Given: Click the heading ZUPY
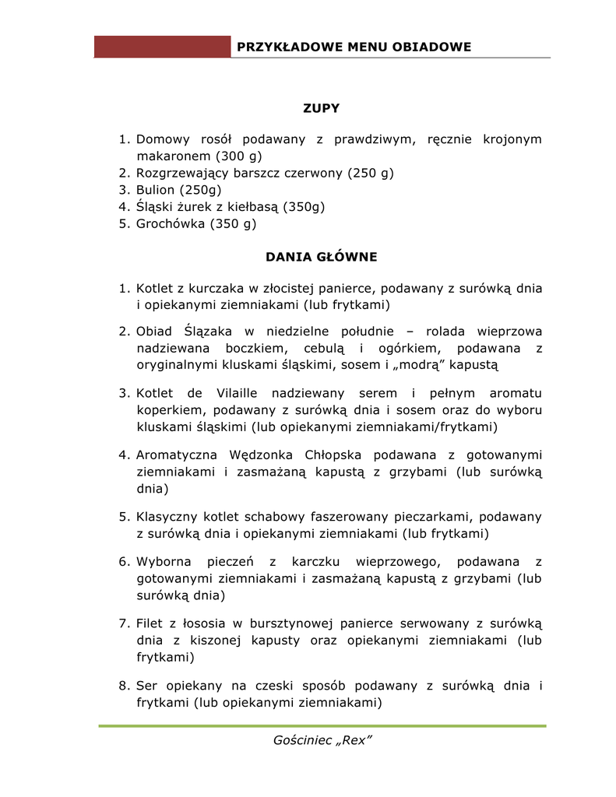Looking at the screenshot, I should (321, 108).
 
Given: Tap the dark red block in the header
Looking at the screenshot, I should (162, 47).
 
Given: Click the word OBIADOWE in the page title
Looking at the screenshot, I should (432, 47).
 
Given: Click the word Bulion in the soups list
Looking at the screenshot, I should (156, 189).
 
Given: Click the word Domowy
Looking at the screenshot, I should (163, 139).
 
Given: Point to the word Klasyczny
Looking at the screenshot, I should (166, 516).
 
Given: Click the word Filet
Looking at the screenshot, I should (150, 623).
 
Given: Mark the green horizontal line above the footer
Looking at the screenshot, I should (322, 726).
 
